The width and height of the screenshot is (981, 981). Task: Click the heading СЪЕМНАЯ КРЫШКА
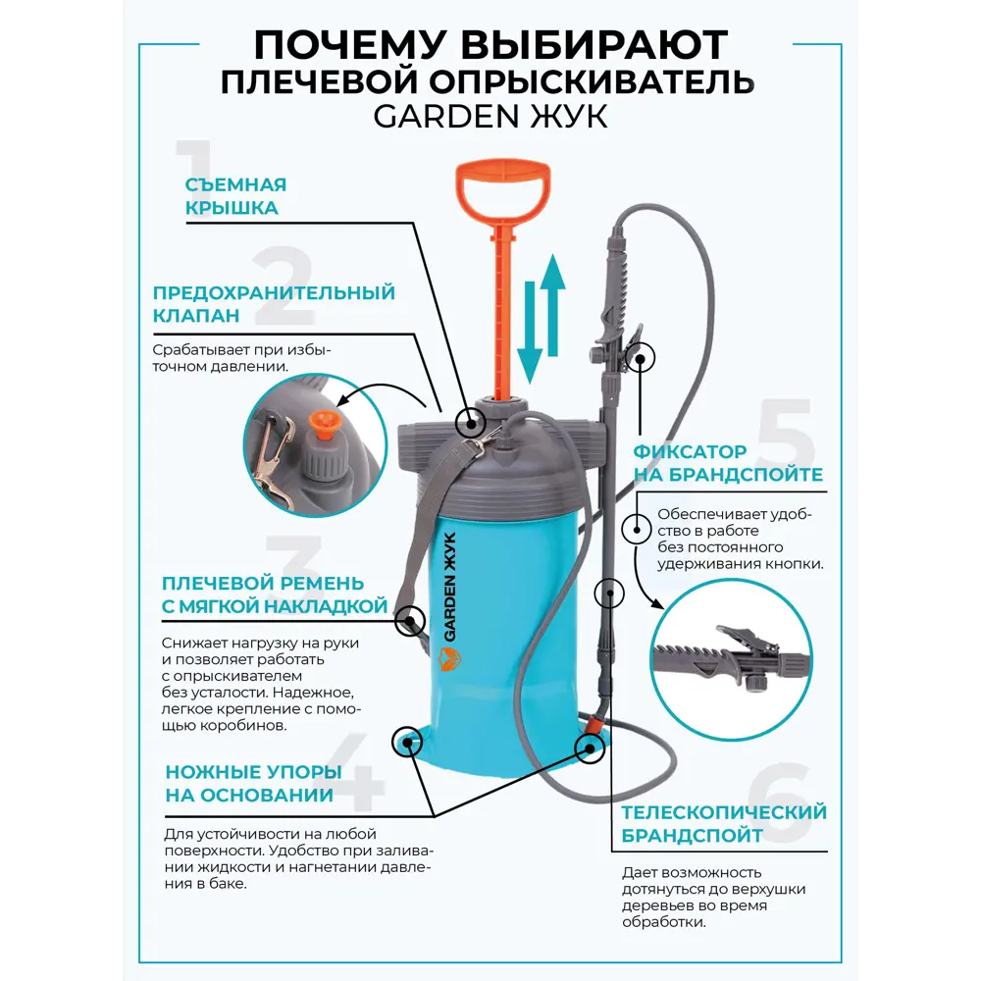(x=235, y=196)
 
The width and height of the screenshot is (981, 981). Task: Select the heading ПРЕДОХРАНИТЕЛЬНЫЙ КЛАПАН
(x=274, y=304)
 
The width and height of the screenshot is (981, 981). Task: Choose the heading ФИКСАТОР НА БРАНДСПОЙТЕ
(x=727, y=463)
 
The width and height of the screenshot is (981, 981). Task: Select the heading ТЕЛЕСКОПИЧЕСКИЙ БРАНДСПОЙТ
(x=724, y=824)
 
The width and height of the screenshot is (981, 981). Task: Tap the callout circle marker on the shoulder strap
(x=409, y=620)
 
